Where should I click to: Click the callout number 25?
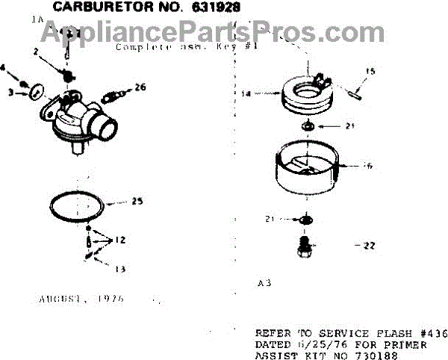tap(137, 202)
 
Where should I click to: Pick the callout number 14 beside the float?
tap(258, 95)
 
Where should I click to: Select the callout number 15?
tap(367, 72)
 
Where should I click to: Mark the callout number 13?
tap(118, 267)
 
